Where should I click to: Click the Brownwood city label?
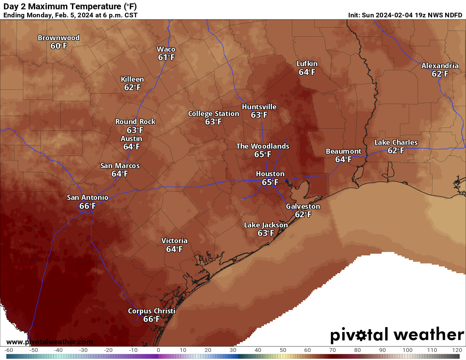pos(58,38)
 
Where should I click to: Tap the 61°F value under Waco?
pos(166,57)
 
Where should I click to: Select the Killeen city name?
pos(132,79)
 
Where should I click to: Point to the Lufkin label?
pos(307,64)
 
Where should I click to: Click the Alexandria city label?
pos(440,66)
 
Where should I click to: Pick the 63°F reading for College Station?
pos(214,122)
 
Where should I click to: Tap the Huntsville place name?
pos(259,107)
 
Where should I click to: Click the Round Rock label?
pos(135,122)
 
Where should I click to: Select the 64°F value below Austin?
pos(131,147)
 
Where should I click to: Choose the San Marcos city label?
pos(120,166)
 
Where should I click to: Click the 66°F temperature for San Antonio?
pos(87,206)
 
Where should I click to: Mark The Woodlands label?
pos(263,146)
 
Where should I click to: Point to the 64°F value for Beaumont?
pos(343,159)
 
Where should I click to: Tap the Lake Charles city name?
pos(396,142)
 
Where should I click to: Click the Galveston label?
pos(303,206)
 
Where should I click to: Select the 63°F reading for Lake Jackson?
pos(266,233)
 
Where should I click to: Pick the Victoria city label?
pos(174,241)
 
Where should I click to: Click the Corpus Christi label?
pos(151,311)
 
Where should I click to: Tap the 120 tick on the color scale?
pos(457,350)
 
